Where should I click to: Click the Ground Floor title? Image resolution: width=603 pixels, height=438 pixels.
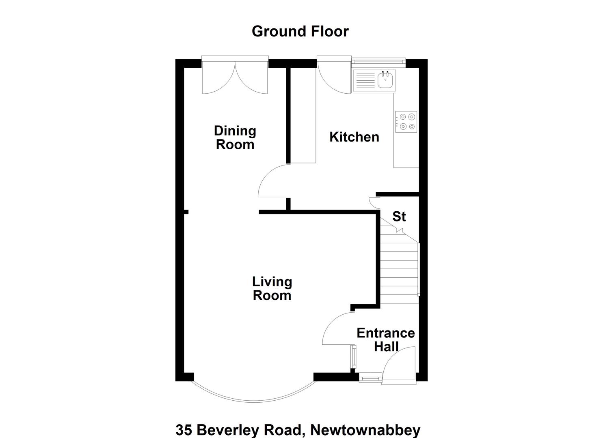pos(300,32)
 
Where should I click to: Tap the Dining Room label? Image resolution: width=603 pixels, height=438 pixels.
pos(235,137)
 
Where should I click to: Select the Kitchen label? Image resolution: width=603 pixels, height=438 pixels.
pos(354,137)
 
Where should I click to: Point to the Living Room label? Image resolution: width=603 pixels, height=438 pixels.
pos(272,288)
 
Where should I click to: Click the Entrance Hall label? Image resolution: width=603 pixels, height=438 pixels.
pos(386,339)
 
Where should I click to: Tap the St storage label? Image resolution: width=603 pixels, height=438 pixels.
pos(399,216)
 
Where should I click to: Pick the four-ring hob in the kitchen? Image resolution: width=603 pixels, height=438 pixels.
pos(406,122)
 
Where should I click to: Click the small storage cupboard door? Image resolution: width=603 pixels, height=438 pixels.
pos(374,203)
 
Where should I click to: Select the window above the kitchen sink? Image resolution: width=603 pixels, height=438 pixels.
pos(378,61)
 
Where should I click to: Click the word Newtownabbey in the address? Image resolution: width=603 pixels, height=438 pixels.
pos(365,430)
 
